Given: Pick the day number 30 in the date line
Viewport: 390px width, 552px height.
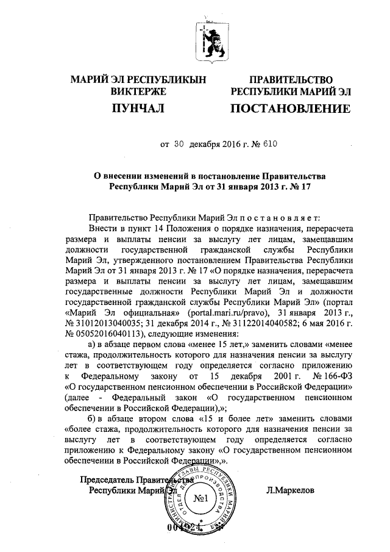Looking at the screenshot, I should point(179,145).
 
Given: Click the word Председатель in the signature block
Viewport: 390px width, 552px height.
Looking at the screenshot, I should point(108,479).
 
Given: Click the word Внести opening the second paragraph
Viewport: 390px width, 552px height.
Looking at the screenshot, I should point(102,228).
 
